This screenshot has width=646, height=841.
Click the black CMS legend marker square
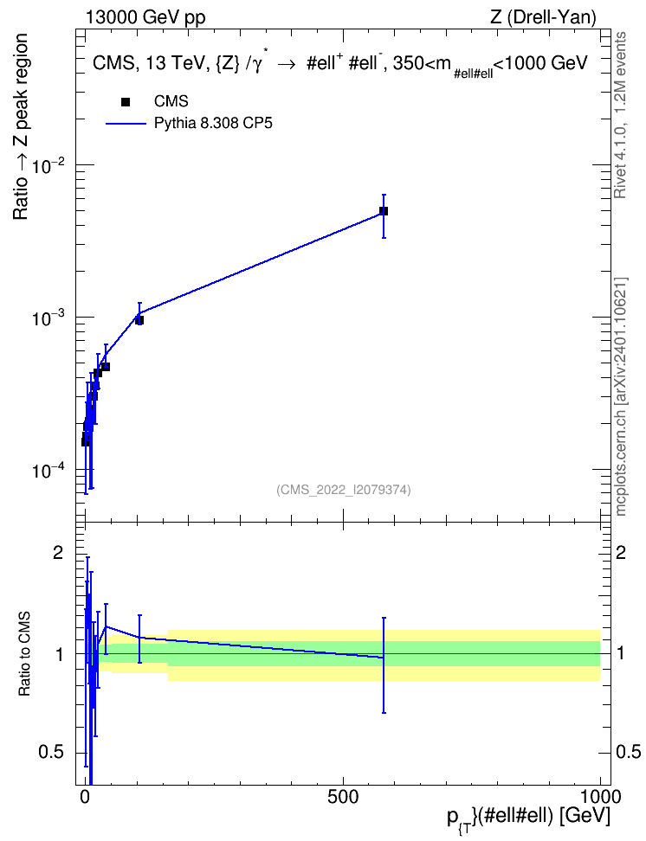tap(126, 102)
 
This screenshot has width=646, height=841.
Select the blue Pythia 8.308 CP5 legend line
tap(126, 124)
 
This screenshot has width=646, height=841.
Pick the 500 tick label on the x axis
tap(343, 797)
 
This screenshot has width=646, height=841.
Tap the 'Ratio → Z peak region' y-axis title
tap(21, 126)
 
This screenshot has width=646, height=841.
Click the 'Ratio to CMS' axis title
tap(23, 654)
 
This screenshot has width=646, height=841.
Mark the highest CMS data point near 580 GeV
tap(384, 211)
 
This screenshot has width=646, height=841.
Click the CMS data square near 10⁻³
tap(139, 320)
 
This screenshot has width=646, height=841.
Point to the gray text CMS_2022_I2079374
tap(344, 490)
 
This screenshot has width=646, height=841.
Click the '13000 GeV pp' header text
tap(145, 18)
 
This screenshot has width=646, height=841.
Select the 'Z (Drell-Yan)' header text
tap(543, 17)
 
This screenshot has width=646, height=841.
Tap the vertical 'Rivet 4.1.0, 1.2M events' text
tap(620, 115)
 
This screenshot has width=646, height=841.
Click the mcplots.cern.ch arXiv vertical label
tap(621, 397)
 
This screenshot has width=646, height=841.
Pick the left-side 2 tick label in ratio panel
tap(58, 552)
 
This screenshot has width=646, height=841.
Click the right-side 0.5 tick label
tap(629, 752)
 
